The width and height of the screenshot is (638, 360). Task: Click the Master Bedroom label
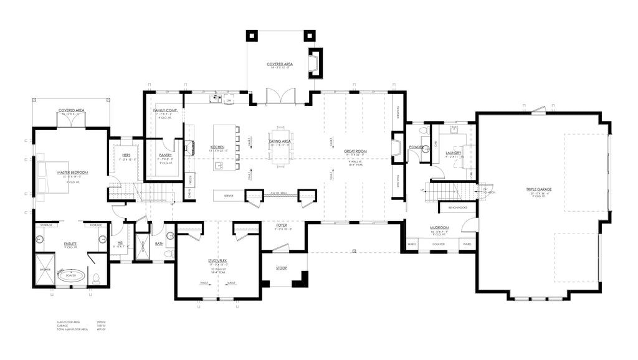[72, 172]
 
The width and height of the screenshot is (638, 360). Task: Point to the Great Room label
[356, 151]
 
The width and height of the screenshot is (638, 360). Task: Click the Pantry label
[165, 154]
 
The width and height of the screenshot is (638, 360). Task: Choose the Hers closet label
[126, 154]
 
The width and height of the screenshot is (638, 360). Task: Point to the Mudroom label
[439, 228]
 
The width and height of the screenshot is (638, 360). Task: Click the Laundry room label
[453, 153]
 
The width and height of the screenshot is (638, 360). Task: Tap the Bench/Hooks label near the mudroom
[453, 207]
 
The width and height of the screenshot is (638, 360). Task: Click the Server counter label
[219, 196]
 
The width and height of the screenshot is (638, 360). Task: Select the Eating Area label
[280, 141]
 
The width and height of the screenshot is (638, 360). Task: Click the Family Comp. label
[165, 110]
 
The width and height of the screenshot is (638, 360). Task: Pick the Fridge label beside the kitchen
[189, 178]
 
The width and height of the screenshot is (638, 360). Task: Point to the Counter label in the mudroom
[439, 244]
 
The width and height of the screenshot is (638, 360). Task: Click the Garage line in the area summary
[64, 325]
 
